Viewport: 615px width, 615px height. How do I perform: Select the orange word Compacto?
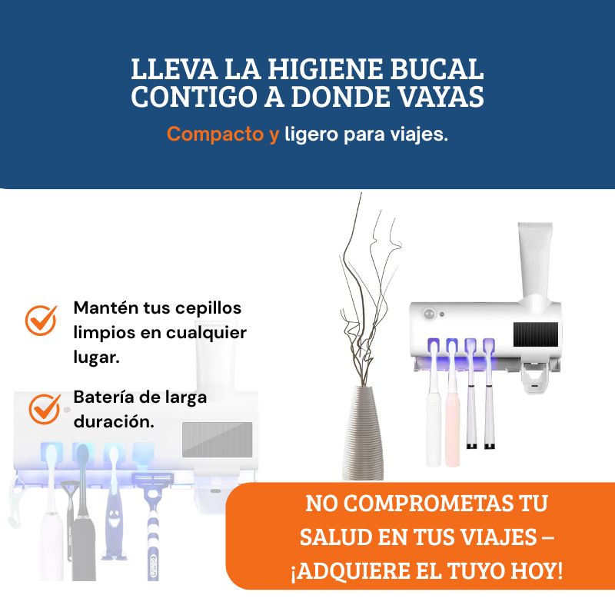coord(215,134)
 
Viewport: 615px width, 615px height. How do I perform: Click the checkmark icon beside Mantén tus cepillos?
coord(41,321)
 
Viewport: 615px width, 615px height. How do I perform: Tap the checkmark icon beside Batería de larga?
coord(45,409)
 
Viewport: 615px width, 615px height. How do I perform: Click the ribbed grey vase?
coord(363,434)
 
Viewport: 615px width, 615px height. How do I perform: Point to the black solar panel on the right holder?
coord(535,334)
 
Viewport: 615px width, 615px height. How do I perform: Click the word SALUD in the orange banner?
coord(334,537)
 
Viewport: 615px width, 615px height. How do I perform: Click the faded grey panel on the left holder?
coord(218,440)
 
